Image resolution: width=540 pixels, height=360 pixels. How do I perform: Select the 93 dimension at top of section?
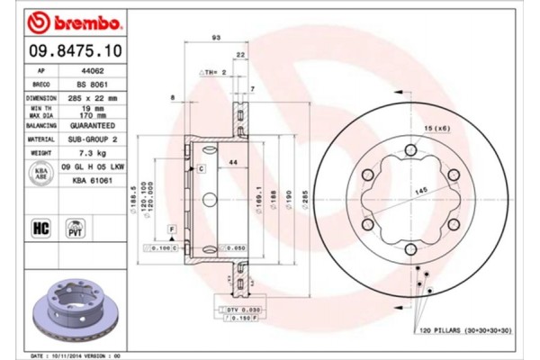tap(216, 38)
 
